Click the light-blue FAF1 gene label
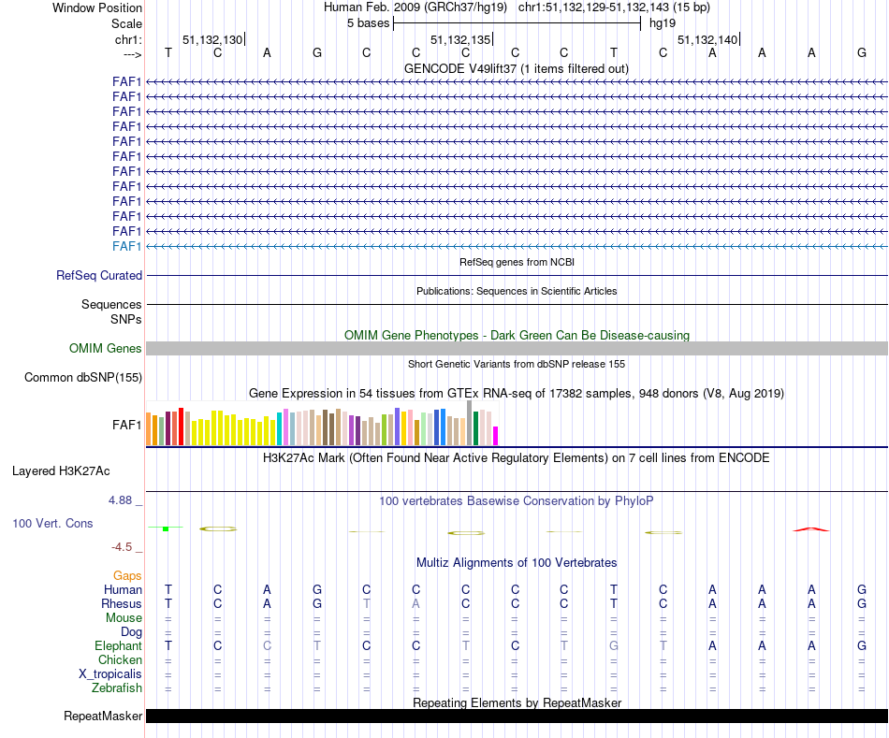(x=126, y=246)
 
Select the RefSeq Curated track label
(x=99, y=275)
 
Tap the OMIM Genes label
(x=105, y=348)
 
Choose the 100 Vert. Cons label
(x=52, y=523)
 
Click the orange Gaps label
(x=127, y=575)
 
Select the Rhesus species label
(x=122, y=603)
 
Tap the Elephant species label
(x=118, y=645)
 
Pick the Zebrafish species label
(x=117, y=688)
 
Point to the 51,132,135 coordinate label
(x=459, y=40)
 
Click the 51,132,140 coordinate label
(x=707, y=40)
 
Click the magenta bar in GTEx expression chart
(x=496, y=435)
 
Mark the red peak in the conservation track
(x=810, y=529)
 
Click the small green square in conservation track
(x=165, y=529)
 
